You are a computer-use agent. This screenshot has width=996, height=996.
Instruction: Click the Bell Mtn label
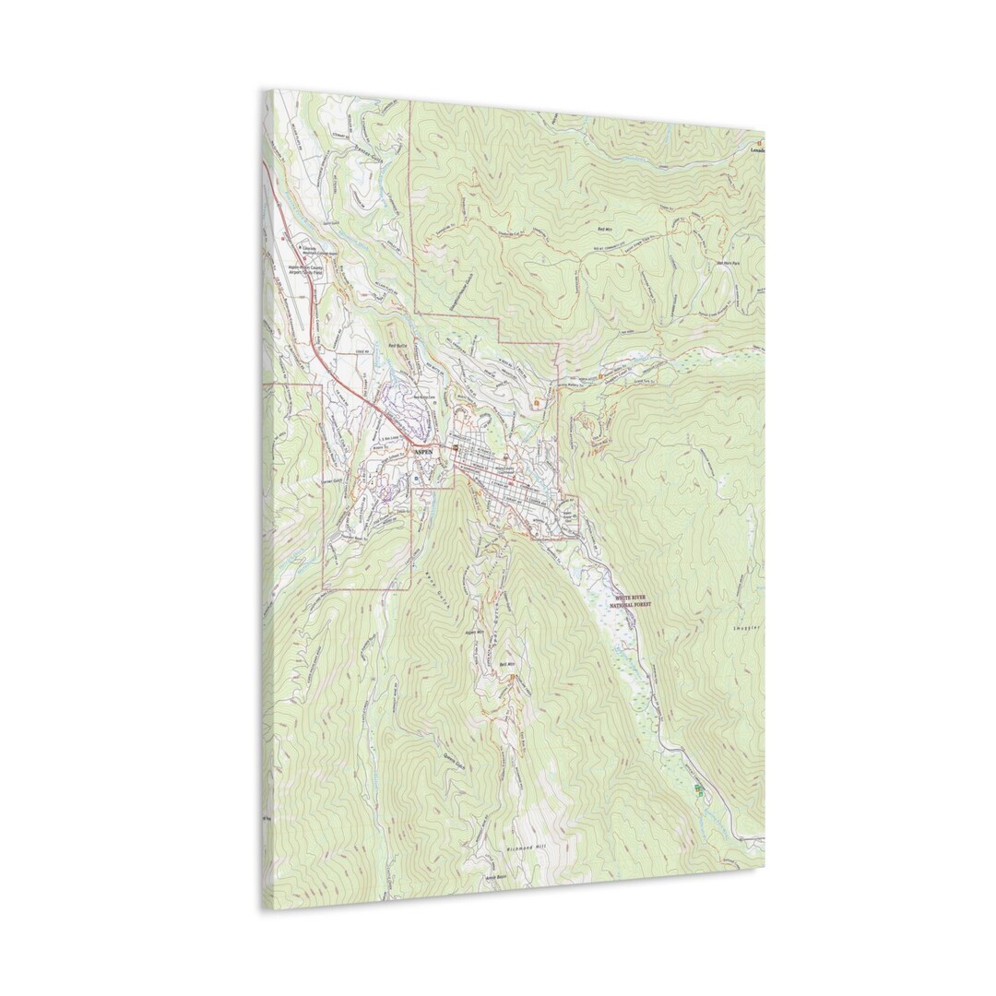tap(504, 663)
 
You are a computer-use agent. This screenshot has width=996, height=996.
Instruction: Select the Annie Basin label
tap(496, 878)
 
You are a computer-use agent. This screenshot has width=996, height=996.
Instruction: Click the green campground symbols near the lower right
tap(699, 789)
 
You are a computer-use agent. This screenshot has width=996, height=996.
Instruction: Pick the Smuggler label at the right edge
tap(746, 628)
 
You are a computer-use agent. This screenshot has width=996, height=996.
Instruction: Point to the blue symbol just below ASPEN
tap(417, 480)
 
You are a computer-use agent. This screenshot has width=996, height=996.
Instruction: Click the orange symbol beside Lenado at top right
tap(757, 144)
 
